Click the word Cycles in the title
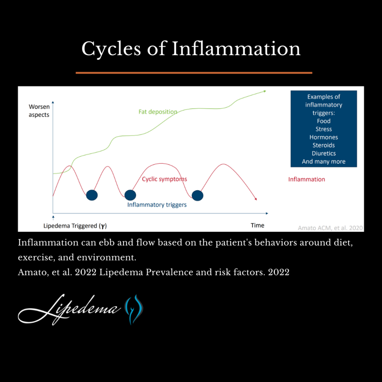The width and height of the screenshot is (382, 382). click(111, 49)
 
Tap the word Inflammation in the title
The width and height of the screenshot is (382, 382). click(236, 48)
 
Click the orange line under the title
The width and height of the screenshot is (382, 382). click(194, 73)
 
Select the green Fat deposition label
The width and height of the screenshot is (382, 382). click(158, 112)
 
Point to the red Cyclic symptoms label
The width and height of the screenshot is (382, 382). click(165, 179)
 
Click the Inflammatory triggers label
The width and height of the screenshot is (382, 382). click(157, 205)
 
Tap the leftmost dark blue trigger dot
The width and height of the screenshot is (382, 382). click(92, 195)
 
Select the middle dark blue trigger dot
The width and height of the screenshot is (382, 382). click(130, 195)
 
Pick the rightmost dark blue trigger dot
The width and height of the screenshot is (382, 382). click(197, 195)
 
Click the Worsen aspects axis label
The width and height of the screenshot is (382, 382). click(39, 110)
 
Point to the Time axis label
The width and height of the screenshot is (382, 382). click(257, 225)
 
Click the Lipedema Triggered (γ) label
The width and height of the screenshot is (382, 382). click(75, 226)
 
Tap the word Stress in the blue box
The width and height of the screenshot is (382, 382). click(323, 129)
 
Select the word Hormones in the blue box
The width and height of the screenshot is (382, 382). click(323, 137)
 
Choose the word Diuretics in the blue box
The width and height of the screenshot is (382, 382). click(323, 153)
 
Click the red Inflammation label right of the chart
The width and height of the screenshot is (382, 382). click(307, 179)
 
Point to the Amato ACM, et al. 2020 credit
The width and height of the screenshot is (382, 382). click(330, 228)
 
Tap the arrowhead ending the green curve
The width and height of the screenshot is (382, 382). click(265, 91)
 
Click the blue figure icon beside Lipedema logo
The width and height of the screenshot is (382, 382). click(134, 309)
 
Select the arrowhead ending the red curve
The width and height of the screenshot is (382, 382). click(256, 199)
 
